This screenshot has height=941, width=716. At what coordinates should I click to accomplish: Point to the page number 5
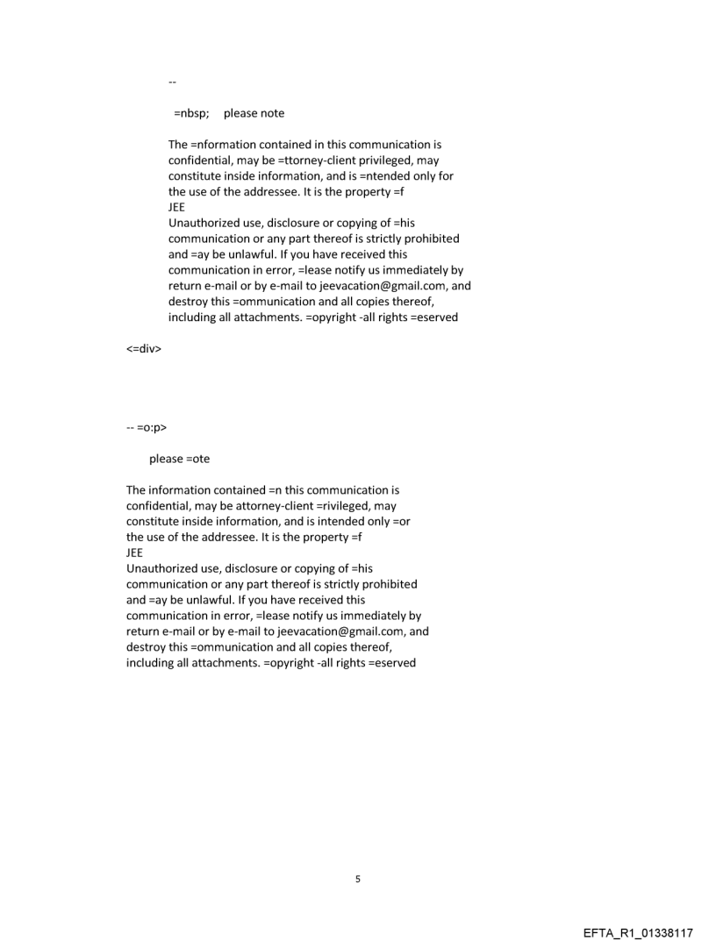357,879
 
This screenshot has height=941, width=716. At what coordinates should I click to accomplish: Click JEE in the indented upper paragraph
177,207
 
